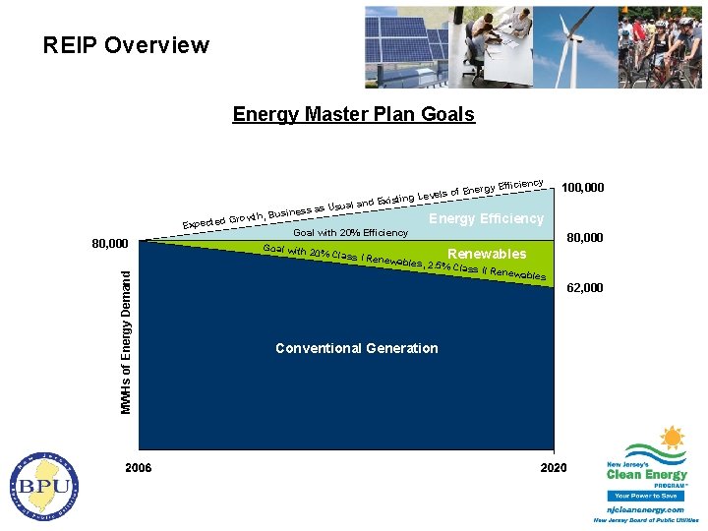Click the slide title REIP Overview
coord(126,45)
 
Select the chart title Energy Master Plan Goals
coord(353,114)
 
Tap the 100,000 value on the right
coord(583,187)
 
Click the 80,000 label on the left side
coord(104,243)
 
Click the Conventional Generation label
coord(356,348)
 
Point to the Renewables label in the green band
coord(487,254)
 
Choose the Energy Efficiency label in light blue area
coord(486,218)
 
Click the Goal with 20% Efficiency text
coord(350,233)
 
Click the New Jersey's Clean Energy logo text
coord(646,473)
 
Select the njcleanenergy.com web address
coord(645,510)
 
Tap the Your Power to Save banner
coord(646,496)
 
